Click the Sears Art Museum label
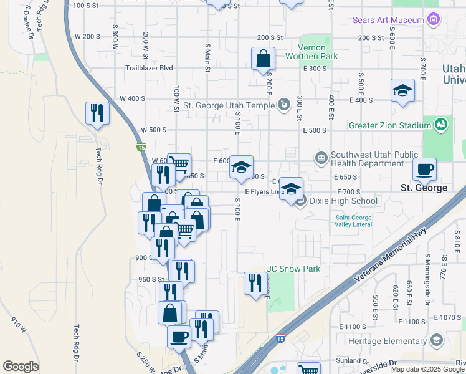click(388, 20)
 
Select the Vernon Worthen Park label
click(311, 52)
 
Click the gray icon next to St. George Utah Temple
click(284, 104)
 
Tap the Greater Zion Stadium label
click(390, 125)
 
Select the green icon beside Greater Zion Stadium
click(441, 125)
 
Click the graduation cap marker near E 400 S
click(402, 91)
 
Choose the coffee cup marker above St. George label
click(424, 169)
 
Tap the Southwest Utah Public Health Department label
click(368, 160)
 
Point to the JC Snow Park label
click(293, 269)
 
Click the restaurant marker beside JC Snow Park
click(255, 284)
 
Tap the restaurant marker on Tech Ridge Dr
click(97, 113)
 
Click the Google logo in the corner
click(21, 367)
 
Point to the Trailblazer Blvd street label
click(149, 68)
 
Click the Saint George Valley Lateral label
click(353, 221)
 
